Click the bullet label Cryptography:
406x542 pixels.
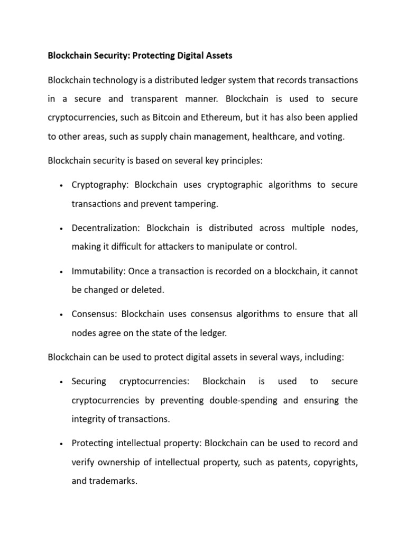(x=101, y=185)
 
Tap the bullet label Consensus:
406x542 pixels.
(x=95, y=314)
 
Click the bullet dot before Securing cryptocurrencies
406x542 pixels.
(x=62, y=382)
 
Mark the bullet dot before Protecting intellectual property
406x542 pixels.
(x=62, y=444)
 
